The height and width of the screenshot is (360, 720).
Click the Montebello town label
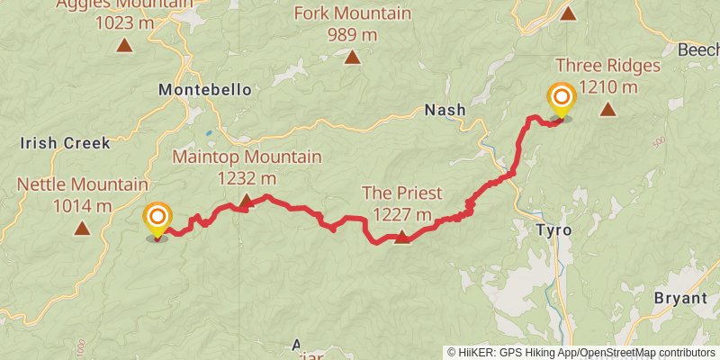pyautogui.click(x=204, y=90)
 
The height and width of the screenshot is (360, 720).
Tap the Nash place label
pyautogui.click(x=445, y=110)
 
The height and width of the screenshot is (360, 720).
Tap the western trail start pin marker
pyautogui.click(x=157, y=217)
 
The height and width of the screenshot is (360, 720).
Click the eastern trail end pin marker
pyautogui.click(x=562, y=97)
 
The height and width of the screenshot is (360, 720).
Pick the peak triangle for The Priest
pyautogui.click(x=402, y=237)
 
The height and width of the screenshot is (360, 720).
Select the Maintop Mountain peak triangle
pyautogui.click(x=247, y=202)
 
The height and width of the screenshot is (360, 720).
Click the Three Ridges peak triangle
pyautogui.click(x=608, y=110)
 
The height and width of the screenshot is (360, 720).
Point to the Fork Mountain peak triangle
pyautogui.click(x=353, y=58)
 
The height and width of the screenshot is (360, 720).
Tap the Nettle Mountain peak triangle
pyautogui.click(x=82, y=229)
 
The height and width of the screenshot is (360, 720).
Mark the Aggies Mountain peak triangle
pyautogui.click(x=124, y=43)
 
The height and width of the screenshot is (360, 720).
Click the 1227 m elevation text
pyautogui.click(x=401, y=214)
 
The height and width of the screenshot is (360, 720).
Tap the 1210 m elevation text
pyautogui.click(x=608, y=87)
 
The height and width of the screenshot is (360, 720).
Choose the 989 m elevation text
pyautogui.click(x=353, y=35)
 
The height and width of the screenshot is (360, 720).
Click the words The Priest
pyautogui.click(x=401, y=193)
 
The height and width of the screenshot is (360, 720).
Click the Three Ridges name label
pyautogui.click(x=608, y=66)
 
